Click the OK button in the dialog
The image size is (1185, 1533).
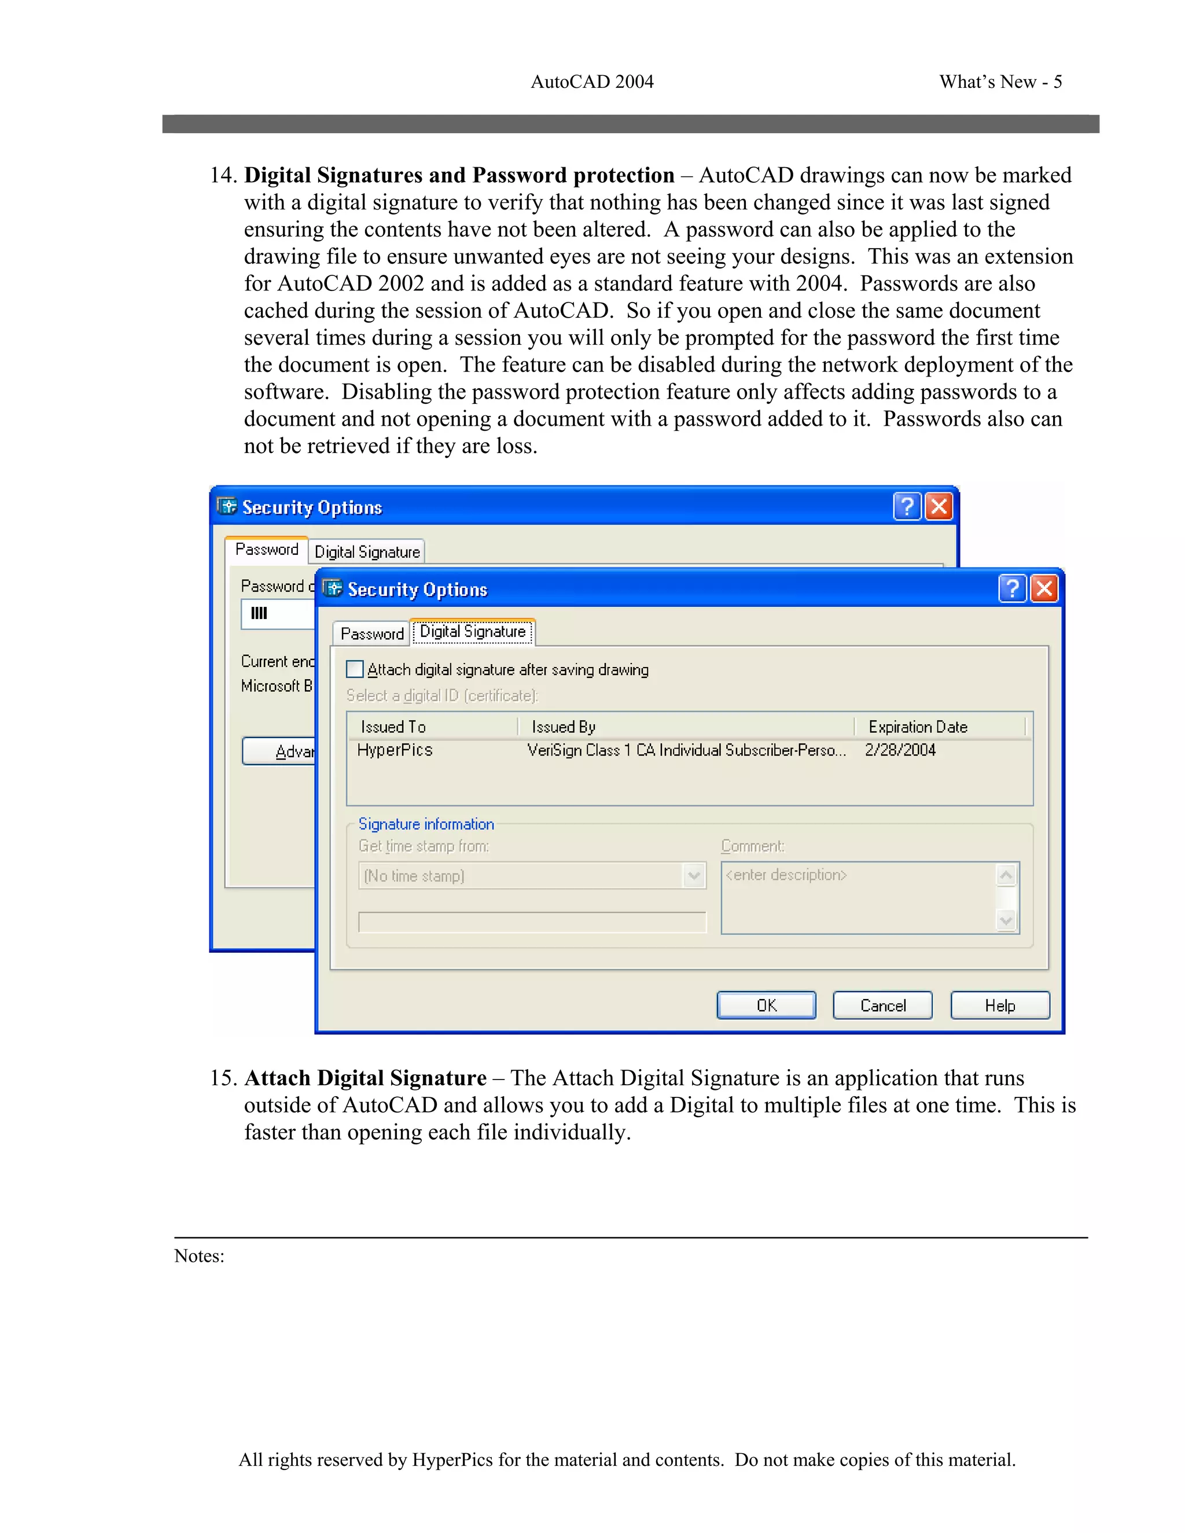point(766,1005)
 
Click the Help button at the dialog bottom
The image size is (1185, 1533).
point(1000,1005)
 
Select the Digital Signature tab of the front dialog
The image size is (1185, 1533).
point(473,632)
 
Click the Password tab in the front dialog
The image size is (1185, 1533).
point(371,634)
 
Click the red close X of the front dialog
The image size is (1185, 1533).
point(1044,588)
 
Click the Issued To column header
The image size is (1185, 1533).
point(393,727)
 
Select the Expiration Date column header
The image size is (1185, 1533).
point(918,727)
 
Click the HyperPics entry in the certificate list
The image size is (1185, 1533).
point(395,750)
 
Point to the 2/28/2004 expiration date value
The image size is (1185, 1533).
point(900,750)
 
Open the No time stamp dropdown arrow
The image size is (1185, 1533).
point(694,875)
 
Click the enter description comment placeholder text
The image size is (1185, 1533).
point(786,875)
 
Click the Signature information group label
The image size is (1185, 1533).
point(426,824)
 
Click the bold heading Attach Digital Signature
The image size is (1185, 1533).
point(365,1078)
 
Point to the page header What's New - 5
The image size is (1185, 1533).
point(1000,82)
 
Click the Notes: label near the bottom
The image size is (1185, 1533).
point(200,1256)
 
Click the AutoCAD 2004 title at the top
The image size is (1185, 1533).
point(592,82)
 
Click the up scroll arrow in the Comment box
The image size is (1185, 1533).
point(1006,875)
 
